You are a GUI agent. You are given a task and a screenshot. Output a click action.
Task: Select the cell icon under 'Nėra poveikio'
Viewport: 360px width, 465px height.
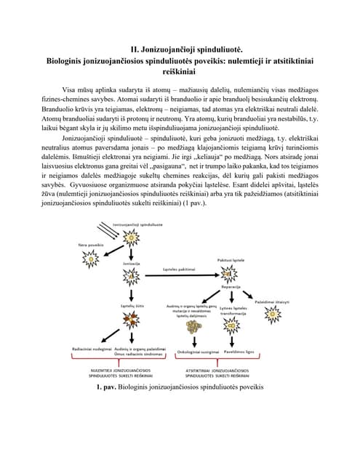91,259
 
